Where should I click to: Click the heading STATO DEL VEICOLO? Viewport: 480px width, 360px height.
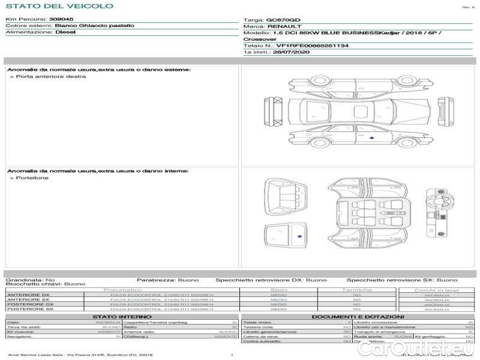[59, 6]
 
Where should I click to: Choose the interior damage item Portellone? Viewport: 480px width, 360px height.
[32, 178]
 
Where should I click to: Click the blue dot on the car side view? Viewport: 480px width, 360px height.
[372, 139]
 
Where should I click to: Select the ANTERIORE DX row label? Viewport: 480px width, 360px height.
[28, 295]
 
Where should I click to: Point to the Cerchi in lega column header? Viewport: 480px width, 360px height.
[436, 290]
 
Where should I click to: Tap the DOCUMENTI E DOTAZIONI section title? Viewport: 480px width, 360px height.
[358, 317]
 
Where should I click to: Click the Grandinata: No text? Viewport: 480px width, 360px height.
[30, 280]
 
